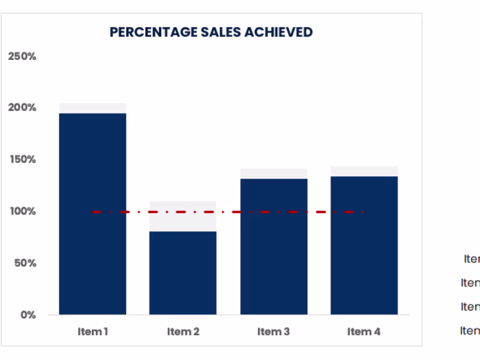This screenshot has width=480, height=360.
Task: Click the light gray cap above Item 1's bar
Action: coord(92,108)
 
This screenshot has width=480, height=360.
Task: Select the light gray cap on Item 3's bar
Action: coord(274,173)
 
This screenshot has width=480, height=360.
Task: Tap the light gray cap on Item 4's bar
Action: coord(364,171)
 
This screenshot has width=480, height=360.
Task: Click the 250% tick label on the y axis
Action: coord(22,56)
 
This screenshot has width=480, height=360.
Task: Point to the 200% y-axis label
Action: coord(22,108)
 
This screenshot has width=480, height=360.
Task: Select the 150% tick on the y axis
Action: coord(22,160)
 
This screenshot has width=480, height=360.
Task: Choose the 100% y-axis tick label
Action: coord(22,211)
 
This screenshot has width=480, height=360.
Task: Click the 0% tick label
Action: coord(28,315)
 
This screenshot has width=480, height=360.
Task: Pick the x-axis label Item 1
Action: coord(92,331)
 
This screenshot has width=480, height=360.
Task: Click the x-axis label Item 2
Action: coord(183,331)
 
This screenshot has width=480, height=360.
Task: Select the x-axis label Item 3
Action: coord(274,331)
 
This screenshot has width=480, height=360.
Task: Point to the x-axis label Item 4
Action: coord(364,331)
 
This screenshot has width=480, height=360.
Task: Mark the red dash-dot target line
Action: coord(228,212)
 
